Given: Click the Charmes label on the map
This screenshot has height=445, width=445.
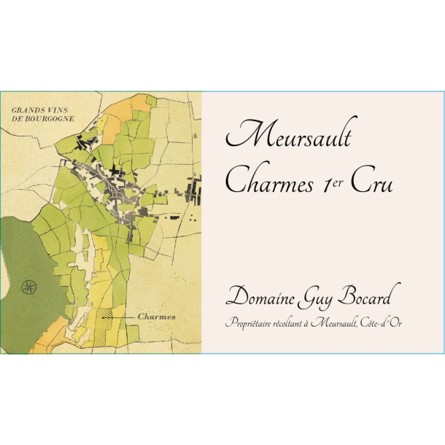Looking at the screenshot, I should tap(157, 317).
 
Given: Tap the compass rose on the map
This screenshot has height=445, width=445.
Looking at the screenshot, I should tap(30, 287).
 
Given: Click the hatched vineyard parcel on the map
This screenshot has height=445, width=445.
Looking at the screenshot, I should tap(110, 316).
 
